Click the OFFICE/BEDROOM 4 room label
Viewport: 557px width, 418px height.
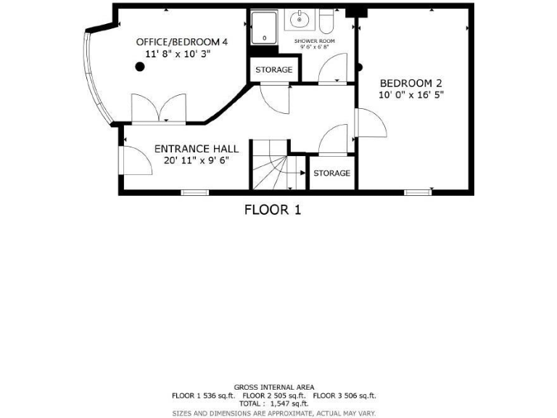pyautogui.click(x=182, y=42)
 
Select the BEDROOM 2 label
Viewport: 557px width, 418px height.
pyautogui.click(x=410, y=83)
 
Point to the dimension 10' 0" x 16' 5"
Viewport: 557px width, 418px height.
pyautogui.click(x=410, y=94)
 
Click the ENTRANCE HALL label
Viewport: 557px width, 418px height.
pyautogui.click(x=197, y=149)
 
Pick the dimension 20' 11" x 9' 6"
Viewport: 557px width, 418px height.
pyautogui.click(x=197, y=160)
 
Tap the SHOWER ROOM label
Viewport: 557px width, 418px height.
pyautogui.click(x=314, y=41)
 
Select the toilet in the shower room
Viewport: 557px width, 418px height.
pyautogui.click(x=326, y=22)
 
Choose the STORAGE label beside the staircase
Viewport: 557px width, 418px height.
pyautogui.click(x=331, y=173)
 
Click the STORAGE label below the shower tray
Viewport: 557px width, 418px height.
pyautogui.click(x=273, y=70)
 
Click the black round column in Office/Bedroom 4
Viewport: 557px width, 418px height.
pyautogui.click(x=140, y=67)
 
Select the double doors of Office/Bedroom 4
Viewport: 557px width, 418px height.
pyautogui.click(x=158, y=110)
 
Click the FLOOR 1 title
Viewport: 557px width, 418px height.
pyautogui.click(x=272, y=210)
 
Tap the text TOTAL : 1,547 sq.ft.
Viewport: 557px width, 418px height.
pyautogui.click(x=274, y=403)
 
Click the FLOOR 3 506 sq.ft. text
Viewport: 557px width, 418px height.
pyautogui.click(x=344, y=396)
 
